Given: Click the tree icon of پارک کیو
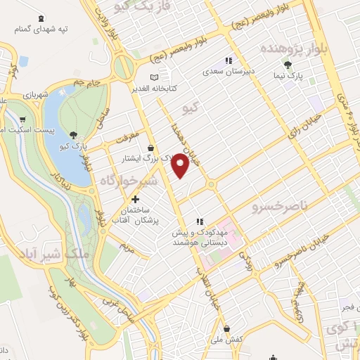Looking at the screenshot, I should [x=73, y=134].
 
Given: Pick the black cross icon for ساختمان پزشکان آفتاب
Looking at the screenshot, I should [x=135, y=199].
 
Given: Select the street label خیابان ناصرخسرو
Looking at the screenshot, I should [x=281, y=256].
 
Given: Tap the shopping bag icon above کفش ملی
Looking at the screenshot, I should [x=226, y=328].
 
